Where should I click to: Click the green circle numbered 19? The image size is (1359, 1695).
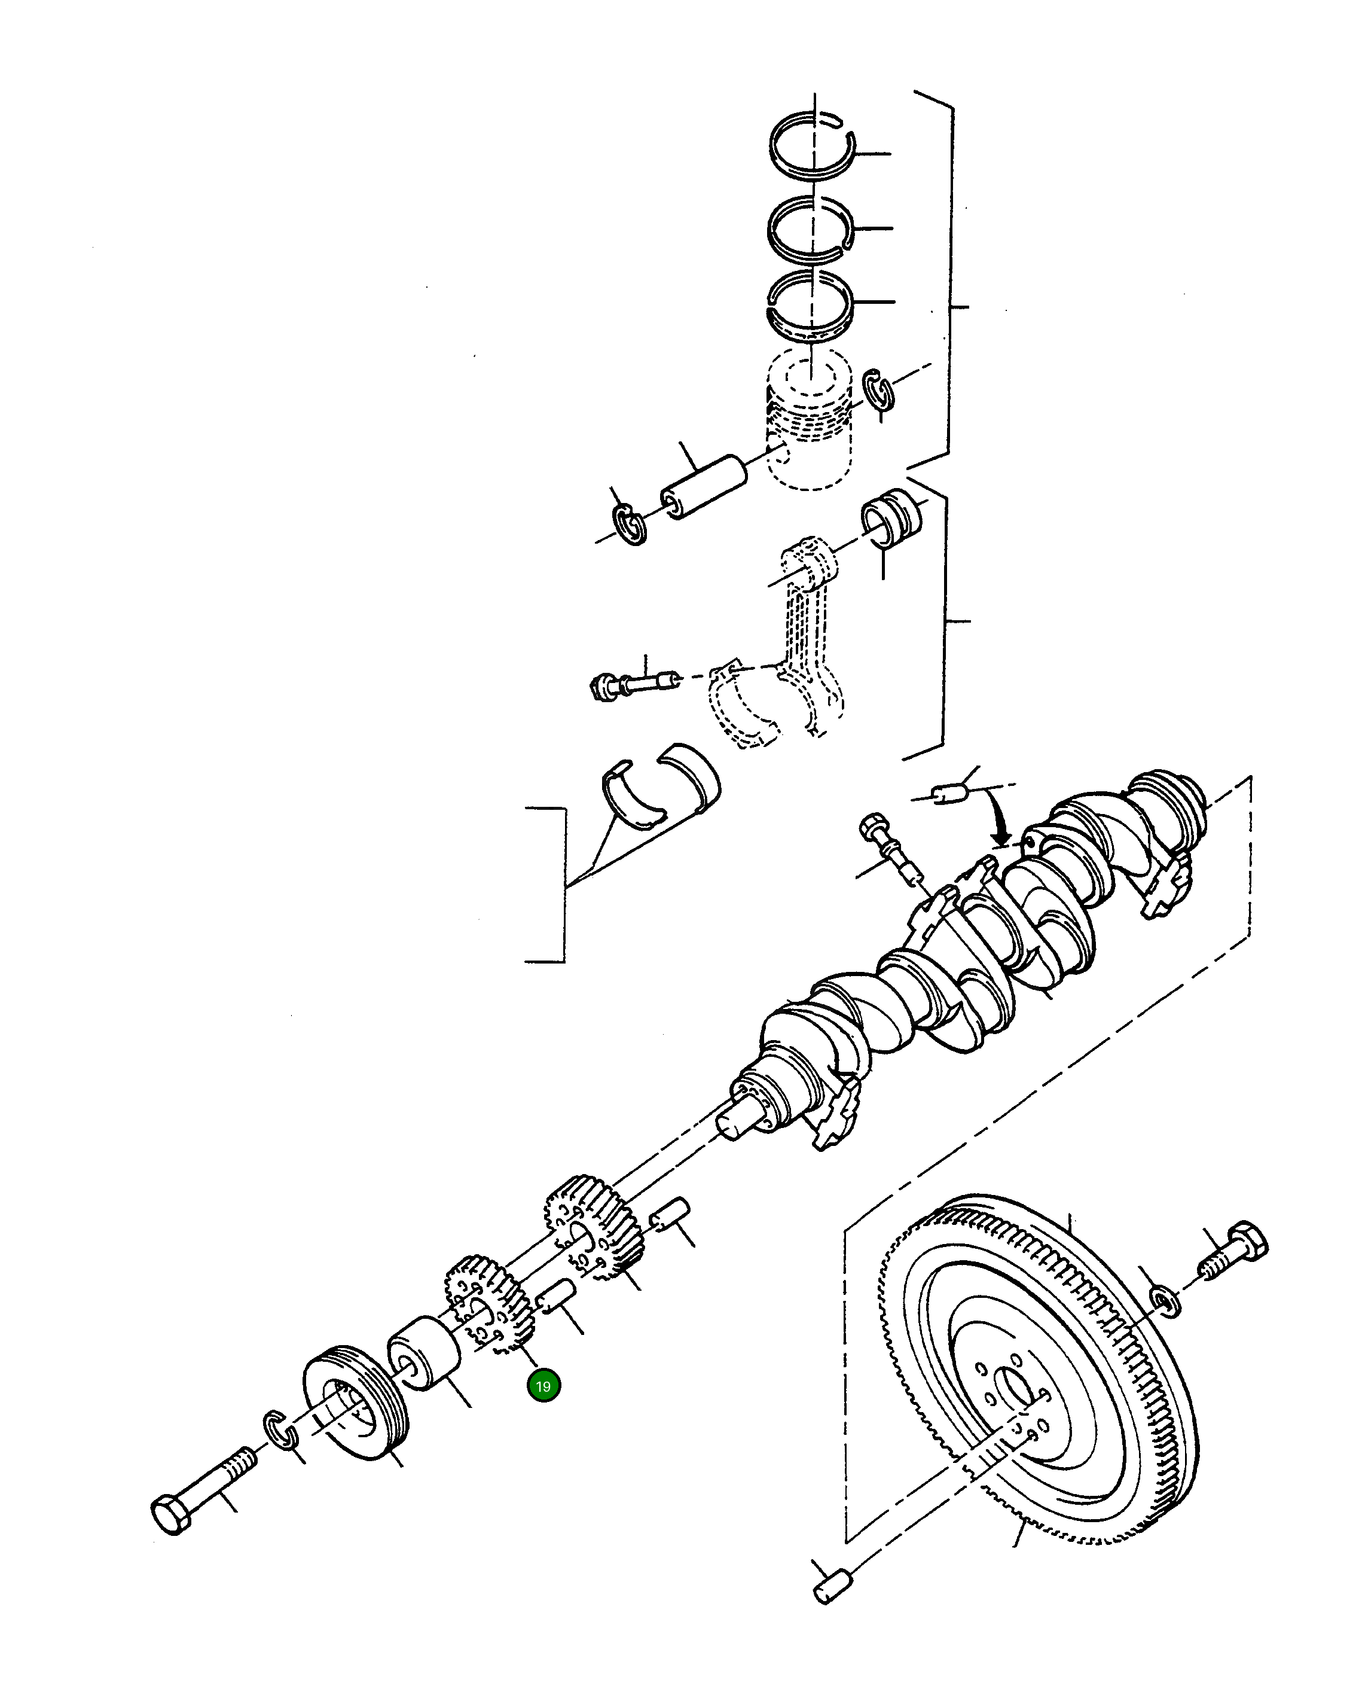543,1386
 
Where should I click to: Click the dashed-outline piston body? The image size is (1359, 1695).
810,440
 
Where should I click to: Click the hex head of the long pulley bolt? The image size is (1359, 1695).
170,1515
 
